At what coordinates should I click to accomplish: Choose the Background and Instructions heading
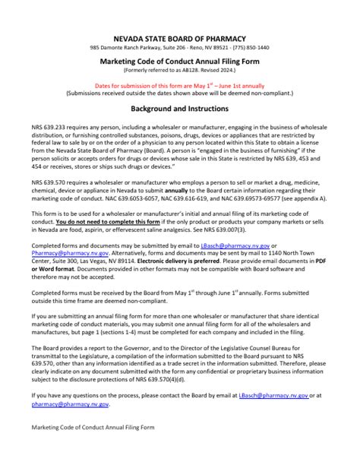[180, 109]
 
